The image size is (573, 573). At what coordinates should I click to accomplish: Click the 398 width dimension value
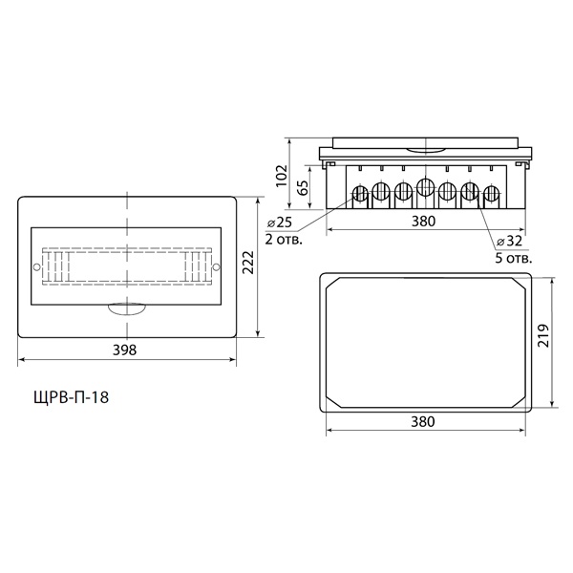[x=124, y=350]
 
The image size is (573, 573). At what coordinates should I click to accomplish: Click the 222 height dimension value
[x=248, y=262]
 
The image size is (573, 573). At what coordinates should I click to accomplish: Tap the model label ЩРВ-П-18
[x=72, y=397]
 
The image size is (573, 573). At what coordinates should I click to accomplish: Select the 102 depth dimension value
[x=282, y=176]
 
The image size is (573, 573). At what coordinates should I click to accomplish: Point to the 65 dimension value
[x=303, y=187]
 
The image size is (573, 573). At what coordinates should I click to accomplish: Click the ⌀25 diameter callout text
[x=280, y=223]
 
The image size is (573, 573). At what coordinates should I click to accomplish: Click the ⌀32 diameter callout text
[x=509, y=242]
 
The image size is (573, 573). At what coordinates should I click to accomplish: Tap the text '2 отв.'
[x=284, y=240]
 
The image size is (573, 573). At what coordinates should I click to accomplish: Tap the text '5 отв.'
[x=514, y=259]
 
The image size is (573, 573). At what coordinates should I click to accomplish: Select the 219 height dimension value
[x=544, y=335]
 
